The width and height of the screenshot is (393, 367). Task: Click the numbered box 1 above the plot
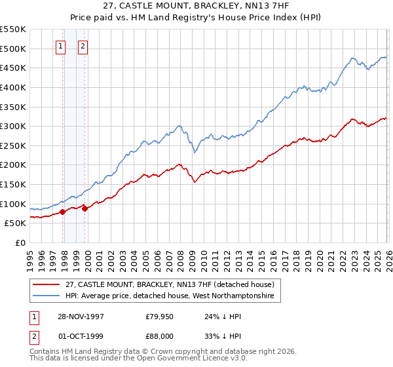coord(60,46)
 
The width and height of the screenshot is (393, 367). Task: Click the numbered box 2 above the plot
coord(83,46)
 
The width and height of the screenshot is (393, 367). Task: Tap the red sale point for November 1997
coord(63,212)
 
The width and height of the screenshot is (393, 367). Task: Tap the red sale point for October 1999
coord(84,208)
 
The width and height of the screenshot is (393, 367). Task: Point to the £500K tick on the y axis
coord(13,48)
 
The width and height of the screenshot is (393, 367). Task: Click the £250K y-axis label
coord(13,145)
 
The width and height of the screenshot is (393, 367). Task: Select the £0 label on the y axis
coord(20,242)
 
